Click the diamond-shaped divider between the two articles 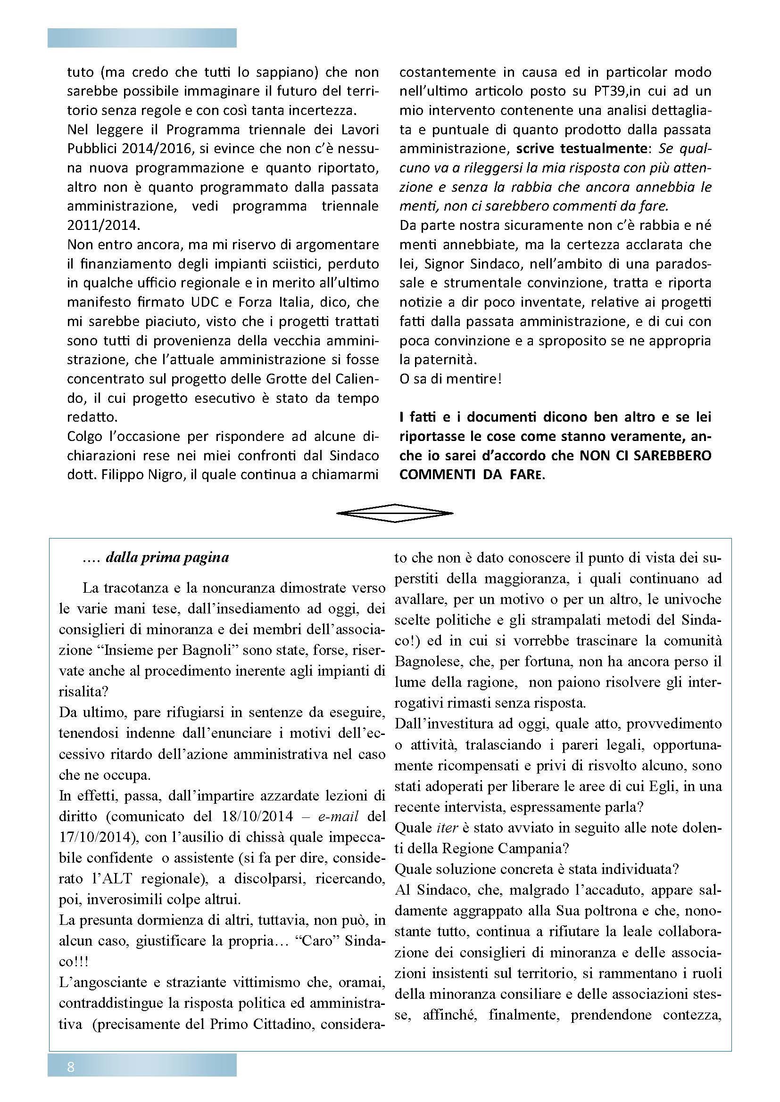(x=394, y=513)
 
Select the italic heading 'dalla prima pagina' (x=167, y=558)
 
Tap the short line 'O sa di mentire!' (x=450, y=379)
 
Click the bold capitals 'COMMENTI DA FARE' (x=470, y=475)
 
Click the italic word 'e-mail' (x=342, y=816)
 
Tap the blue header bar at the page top (x=141, y=38)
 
